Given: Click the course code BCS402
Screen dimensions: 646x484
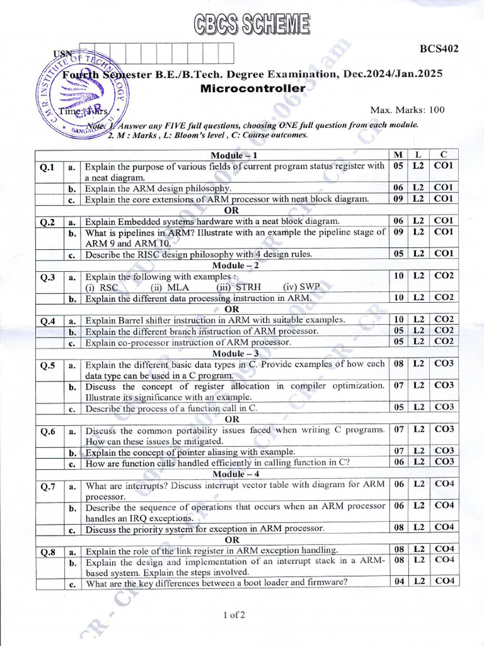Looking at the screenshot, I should [439, 48].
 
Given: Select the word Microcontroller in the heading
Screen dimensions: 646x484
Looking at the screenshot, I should [252, 88].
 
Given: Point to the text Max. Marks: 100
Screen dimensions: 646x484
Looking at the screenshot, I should [407, 110].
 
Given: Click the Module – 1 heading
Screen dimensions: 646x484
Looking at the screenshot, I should [234, 155].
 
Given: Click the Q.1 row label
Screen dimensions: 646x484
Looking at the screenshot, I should [49, 167].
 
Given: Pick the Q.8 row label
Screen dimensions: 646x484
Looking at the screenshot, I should [49, 552].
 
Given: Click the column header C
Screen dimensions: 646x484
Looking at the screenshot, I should [444, 155].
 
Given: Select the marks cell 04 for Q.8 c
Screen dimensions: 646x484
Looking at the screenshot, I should [398, 582].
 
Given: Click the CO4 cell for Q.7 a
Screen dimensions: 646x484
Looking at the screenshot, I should [444, 484].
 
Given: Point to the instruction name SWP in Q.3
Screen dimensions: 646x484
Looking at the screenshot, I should [303, 287].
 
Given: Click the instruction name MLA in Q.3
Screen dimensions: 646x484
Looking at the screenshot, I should [178, 287].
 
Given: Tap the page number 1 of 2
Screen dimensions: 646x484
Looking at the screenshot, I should [234, 614].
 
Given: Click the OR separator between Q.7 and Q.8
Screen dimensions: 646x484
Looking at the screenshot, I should [232, 539].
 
